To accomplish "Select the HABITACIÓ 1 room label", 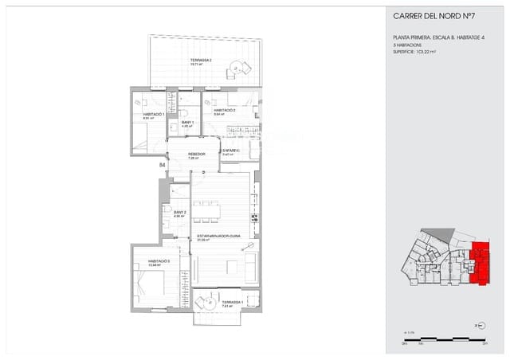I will (x=153, y=115).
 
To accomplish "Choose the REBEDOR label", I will (x=197, y=154).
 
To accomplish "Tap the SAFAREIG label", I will (x=232, y=151).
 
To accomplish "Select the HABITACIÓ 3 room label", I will (x=158, y=261).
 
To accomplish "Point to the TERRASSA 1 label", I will (x=233, y=303).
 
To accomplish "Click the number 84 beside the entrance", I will (x=163, y=165).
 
